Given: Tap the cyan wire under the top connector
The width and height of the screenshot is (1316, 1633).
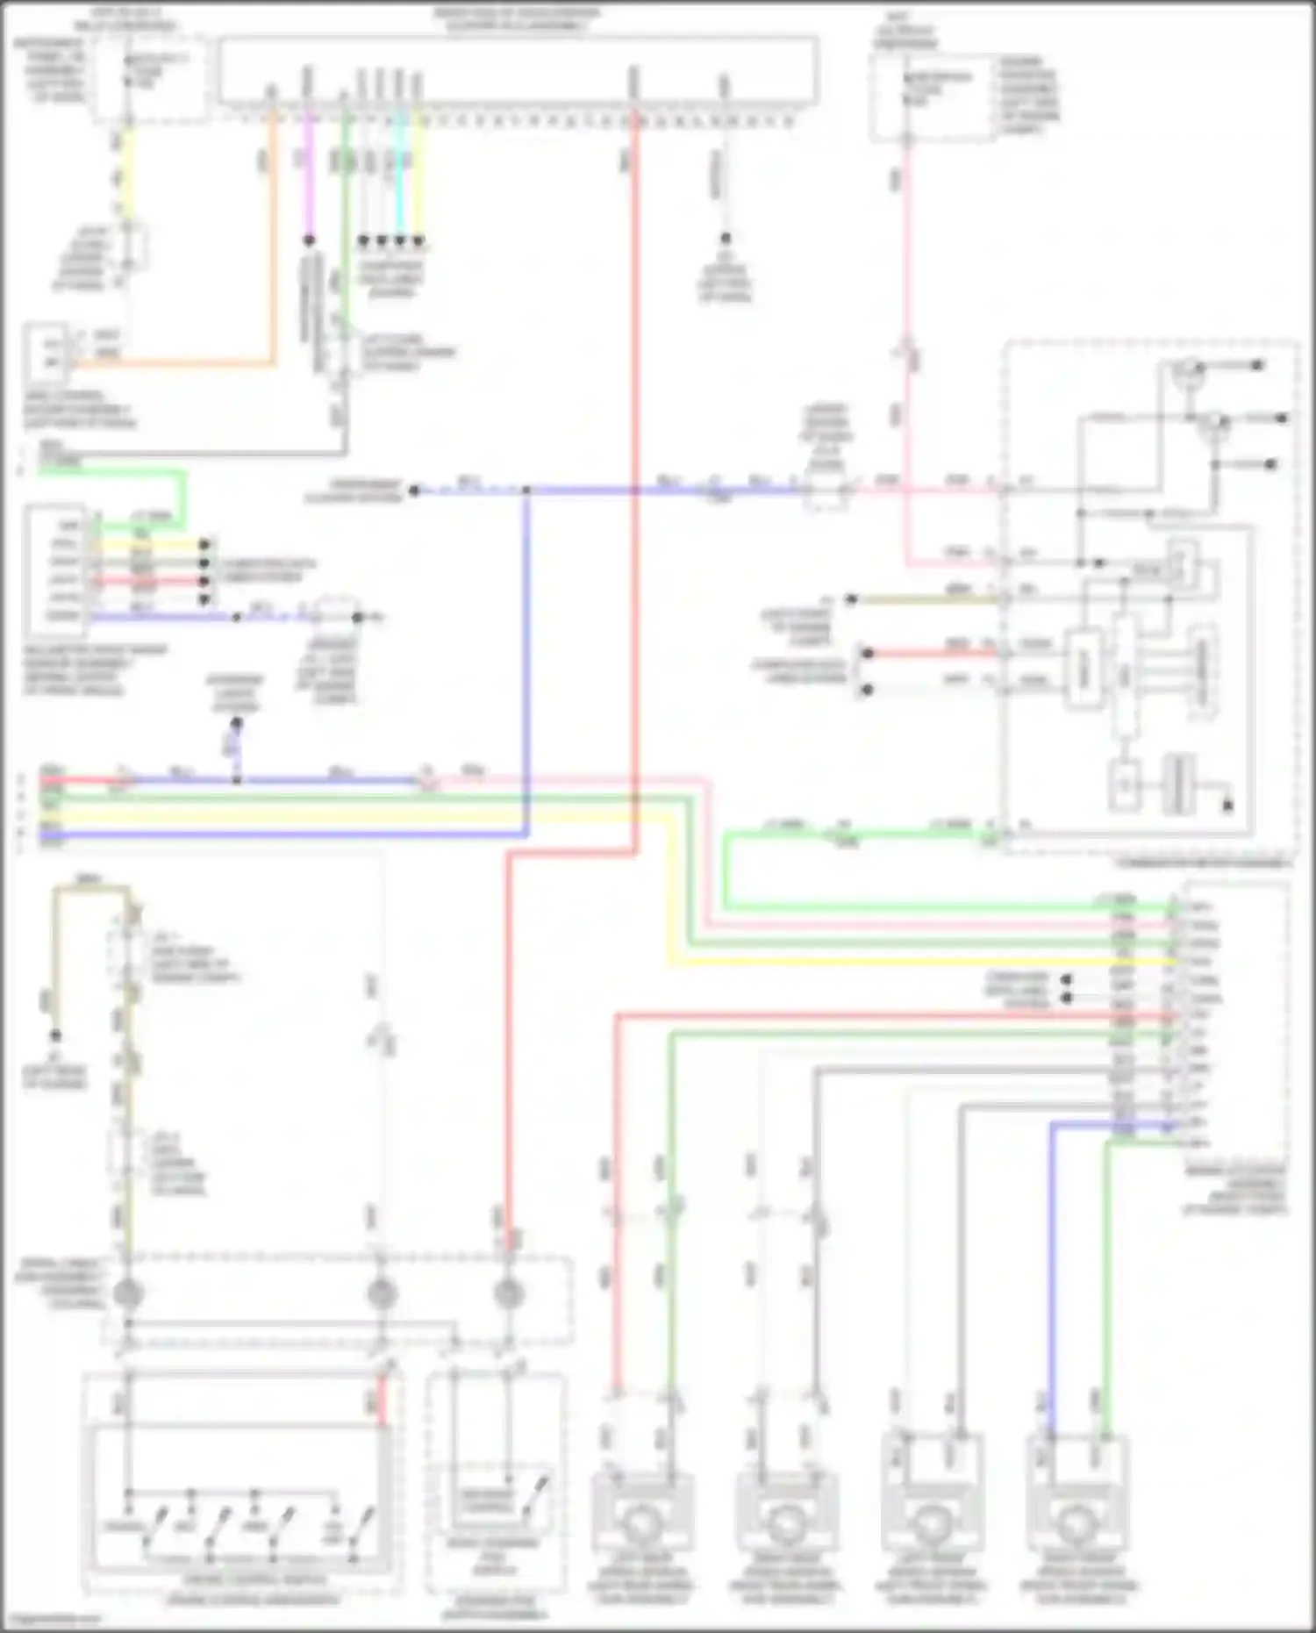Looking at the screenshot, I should pyautogui.click(x=400, y=175).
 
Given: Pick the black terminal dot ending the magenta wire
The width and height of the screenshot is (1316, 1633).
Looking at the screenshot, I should pyautogui.click(x=309, y=240).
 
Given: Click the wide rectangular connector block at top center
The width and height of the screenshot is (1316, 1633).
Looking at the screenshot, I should pyautogui.click(x=518, y=70).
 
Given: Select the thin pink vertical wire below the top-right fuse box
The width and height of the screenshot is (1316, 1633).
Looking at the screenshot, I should pyautogui.click(x=906, y=263).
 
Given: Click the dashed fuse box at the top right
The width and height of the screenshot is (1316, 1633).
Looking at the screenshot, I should pyautogui.click(x=933, y=97).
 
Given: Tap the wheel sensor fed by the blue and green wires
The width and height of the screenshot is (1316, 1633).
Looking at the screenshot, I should pyautogui.click(x=1077, y=1527).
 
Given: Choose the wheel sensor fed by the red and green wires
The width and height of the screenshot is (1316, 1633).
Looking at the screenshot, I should pyautogui.click(x=644, y=1527).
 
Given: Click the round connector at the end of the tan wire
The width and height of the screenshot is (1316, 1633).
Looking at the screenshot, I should pyautogui.click(x=128, y=1293).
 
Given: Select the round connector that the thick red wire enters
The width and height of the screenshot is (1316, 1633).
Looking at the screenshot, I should pyautogui.click(x=508, y=1293).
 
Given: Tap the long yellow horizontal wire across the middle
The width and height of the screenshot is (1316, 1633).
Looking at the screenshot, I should pyautogui.click(x=351, y=815).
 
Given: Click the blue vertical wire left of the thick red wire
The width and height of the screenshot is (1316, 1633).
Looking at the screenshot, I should pyautogui.click(x=526, y=658).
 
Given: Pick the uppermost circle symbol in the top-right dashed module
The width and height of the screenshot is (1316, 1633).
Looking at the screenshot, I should pyautogui.click(x=1188, y=369).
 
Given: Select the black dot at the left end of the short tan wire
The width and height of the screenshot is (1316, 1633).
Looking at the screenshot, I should pyautogui.click(x=850, y=600).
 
